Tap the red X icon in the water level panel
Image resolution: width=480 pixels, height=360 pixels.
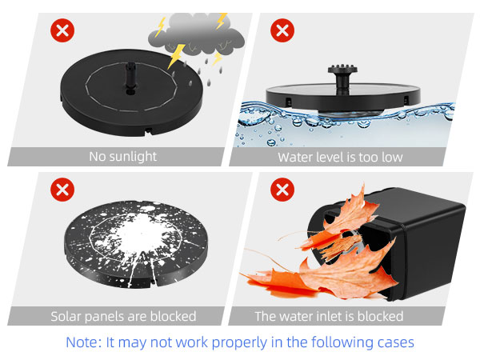click(281, 31)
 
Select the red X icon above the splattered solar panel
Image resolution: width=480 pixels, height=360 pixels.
click(61, 190)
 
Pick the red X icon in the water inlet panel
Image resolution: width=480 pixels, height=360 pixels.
click(281, 190)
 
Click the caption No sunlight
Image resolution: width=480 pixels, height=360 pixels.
click(122, 157)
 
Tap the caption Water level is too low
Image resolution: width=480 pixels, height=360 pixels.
click(340, 157)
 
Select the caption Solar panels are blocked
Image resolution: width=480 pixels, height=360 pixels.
click(123, 316)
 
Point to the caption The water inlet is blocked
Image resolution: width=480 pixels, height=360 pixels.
click(329, 316)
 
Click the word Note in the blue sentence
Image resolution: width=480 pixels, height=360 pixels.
click(82, 342)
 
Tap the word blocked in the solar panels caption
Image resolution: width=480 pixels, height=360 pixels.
click(172, 316)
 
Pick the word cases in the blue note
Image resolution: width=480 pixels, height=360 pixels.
click(396, 342)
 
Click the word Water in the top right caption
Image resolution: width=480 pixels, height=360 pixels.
click(295, 157)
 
